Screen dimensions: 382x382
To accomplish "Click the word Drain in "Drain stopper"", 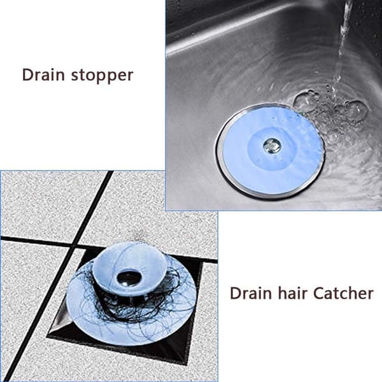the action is [43, 74].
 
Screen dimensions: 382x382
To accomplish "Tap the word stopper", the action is [102, 76].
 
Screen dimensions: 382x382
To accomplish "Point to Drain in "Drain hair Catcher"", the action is [251, 293].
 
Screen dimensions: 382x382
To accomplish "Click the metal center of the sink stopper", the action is [272, 145].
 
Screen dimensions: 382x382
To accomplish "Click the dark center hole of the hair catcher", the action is [127, 278].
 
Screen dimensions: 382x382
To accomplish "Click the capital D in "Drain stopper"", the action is [27, 74].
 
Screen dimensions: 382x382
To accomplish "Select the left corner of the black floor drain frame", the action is [48, 336].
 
